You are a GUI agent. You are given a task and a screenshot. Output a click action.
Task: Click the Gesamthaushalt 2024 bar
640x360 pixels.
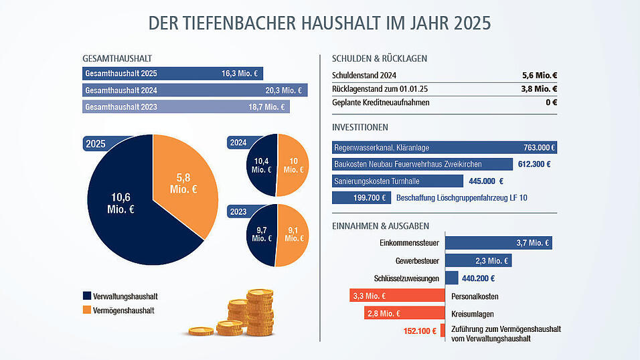tap(194, 90)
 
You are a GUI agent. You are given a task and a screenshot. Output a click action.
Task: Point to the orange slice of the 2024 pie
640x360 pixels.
tap(292, 165)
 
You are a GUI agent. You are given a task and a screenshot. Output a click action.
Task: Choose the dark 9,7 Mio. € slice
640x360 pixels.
tap(260, 234)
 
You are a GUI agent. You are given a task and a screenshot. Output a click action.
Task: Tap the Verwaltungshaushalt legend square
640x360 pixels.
tap(86, 296)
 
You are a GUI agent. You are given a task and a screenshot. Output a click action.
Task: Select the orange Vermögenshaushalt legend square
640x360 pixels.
tap(86, 310)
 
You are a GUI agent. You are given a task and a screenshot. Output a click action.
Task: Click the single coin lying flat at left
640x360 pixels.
tap(200, 331)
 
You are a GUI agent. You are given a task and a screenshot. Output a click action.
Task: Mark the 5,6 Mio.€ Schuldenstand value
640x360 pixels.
tap(540, 76)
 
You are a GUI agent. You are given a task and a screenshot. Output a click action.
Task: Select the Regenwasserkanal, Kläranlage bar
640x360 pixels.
tap(445, 148)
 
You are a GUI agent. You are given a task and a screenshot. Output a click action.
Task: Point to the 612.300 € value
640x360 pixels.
tap(534, 164)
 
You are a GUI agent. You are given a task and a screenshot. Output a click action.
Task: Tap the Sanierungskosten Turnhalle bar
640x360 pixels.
tap(397, 181)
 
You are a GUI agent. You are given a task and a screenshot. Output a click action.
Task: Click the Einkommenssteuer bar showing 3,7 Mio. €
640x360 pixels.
tap(499, 243)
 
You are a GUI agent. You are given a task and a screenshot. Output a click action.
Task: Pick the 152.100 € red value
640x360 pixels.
tap(420, 331)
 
